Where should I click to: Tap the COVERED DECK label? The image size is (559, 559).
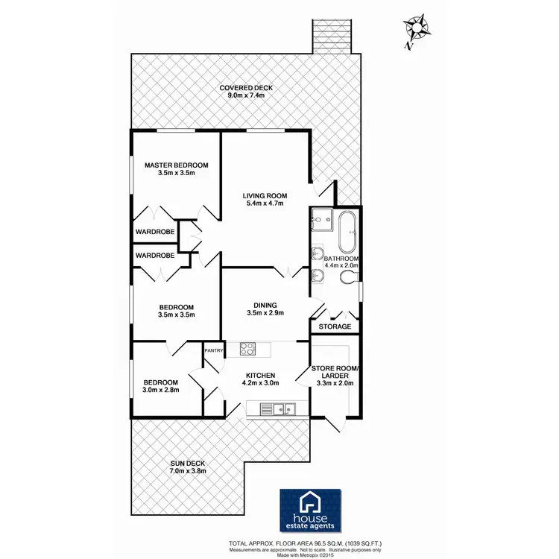pos(246,88)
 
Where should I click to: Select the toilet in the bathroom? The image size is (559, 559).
pos(347,279)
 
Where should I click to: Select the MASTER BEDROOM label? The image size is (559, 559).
pos(177,165)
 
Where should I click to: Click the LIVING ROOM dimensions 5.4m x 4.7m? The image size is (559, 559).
pos(265,204)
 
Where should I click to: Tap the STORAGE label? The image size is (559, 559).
pos(334,326)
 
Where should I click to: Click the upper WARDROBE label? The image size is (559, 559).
pos(155,232)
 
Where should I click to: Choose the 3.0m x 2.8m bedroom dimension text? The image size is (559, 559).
pos(162,389)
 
